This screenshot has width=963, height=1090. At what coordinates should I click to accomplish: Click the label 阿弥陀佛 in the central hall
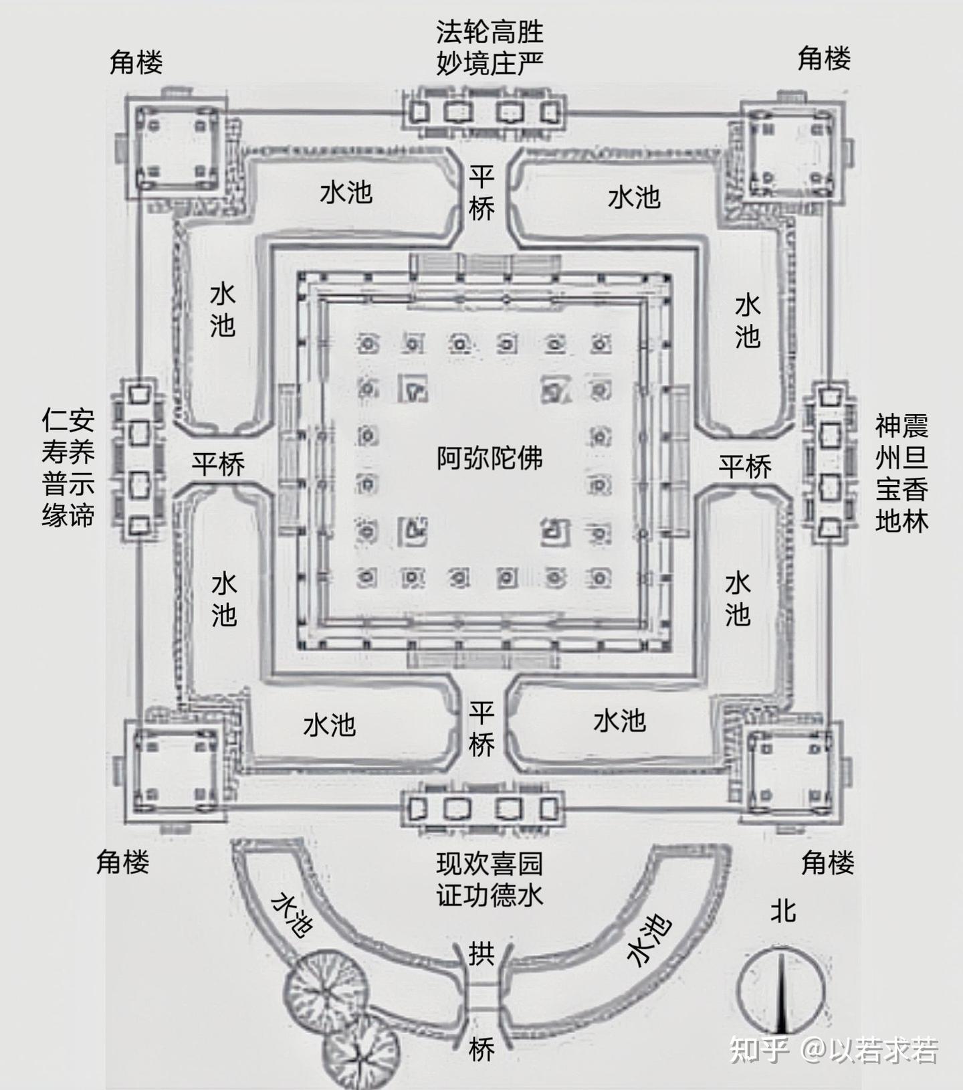pyautogui.click(x=490, y=458)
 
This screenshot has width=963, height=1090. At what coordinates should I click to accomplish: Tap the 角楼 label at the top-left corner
pyautogui.click(x=136, y=63)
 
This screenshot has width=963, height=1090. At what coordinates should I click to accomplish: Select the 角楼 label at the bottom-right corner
pyautogui.click(x=827, y=862)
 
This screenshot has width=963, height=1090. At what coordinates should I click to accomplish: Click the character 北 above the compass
pyautogui.click(x=782, y=911)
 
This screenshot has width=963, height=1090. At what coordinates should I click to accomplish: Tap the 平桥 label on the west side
pyautogui.click(x=218, y=464)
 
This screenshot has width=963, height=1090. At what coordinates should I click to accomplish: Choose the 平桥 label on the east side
pyautogui.click(x=745, y=466)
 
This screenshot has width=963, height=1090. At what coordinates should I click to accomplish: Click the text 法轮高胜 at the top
pyautogui.click(x=490, y=31)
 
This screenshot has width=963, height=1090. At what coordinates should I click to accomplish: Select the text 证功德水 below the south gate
pyautogui.click(x=490, y=895)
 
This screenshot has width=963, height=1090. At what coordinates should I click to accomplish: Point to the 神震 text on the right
pyautogui.click(x=901, y=426)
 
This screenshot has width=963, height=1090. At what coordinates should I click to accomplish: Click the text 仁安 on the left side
pyautogui.click(x=68, y=421)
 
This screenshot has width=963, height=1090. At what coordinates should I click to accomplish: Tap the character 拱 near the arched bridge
pyautogui.click(x=481, y=953)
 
